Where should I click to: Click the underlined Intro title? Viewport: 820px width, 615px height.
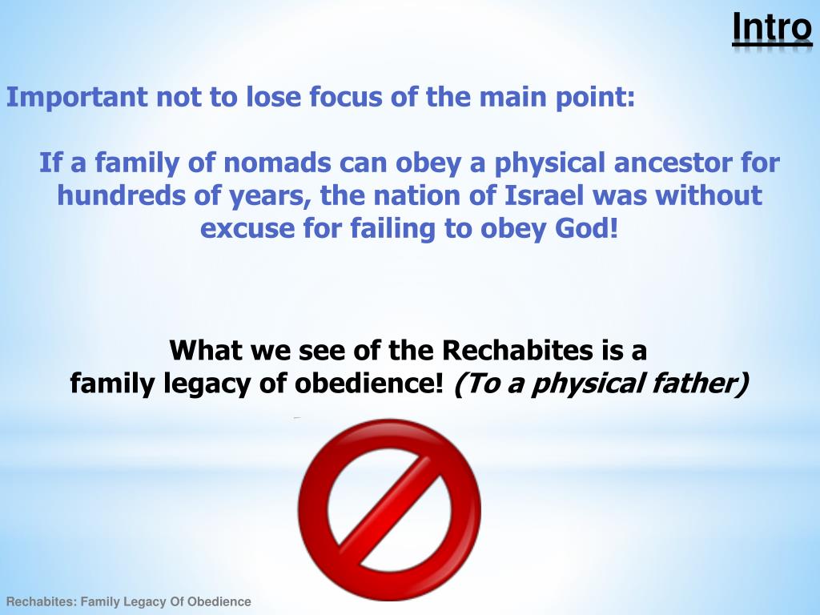[772, 28]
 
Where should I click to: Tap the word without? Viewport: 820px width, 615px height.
[709, 196]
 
